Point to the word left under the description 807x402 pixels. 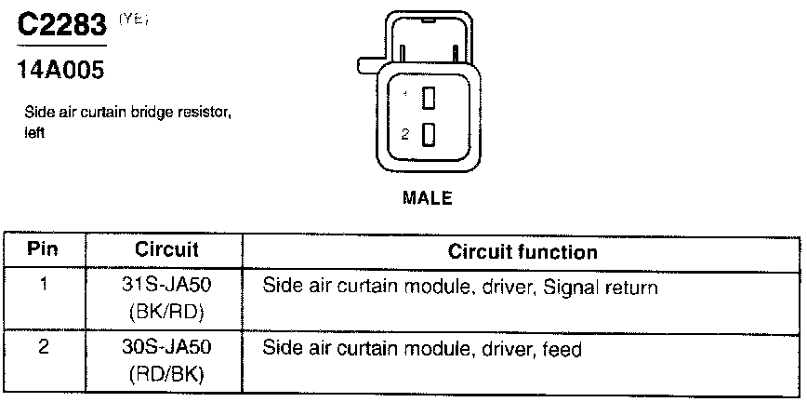(x=34, y=132)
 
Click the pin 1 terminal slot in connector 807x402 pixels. (x=429, y=97)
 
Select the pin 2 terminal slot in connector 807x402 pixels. (x=429, y=134)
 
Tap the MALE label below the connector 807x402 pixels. (x=427, y=197)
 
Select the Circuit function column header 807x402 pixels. (x=523, y=252)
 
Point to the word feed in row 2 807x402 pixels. (x=564, y=351)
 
